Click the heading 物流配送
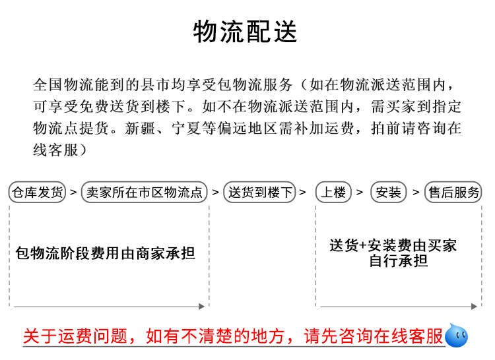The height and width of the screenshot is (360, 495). coord(246,32)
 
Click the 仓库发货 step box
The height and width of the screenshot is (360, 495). coord(38,193)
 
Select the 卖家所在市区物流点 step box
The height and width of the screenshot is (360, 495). coord(144,193)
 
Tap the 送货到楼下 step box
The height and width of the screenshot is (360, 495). coord(259,193)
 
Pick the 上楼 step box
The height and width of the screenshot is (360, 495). coord(333,193)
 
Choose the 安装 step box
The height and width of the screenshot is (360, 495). coord(388,193)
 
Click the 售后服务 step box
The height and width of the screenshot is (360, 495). coord(453,193)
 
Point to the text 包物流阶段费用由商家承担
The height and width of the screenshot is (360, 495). coord(106,253)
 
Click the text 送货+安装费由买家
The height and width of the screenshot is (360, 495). coord(393,246)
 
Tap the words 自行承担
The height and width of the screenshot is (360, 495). coord(398,260)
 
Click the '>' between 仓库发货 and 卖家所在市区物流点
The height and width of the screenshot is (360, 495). coord(73,193)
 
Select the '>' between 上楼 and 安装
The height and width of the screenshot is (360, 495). coord(360,193)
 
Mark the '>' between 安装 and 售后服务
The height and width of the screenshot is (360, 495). coord(416,193)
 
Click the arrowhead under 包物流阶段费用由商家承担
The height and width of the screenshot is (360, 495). coord(202,307)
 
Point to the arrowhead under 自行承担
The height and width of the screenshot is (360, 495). coord(475,307)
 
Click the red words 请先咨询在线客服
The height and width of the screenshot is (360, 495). coord(373,337)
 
